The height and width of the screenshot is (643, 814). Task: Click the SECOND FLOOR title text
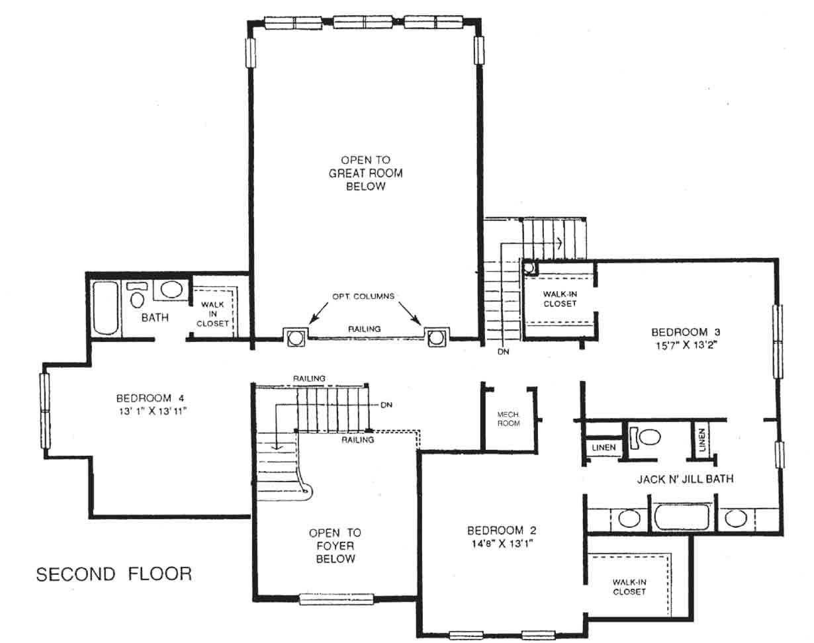tap(114, 574)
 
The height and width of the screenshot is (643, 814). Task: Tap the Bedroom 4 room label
tap(150, 398)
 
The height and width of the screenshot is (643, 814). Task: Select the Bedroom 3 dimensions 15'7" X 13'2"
tap(686, 345)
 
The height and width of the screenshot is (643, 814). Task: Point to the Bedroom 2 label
tap(502, 531)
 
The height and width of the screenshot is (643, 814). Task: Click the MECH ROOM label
tap(508, 419)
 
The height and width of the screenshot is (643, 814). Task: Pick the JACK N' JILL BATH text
tap(686, 479)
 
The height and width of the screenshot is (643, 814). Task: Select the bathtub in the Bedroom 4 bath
tap(105, 308)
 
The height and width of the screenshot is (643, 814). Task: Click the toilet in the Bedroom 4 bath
tap(137, 295)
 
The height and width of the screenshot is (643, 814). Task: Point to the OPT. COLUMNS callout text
tap(363, 296)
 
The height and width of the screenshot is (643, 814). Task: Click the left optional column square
tap(295, 337)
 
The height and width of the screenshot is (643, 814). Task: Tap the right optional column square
tap(436, 337)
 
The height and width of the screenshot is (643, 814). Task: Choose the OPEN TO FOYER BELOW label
tap(335, 546)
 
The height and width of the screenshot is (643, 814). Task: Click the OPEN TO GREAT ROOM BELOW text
tap(365, 173)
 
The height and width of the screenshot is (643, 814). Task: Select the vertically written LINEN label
tap(702, 440)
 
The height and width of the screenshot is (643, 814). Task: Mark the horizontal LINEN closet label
tap(604, 447)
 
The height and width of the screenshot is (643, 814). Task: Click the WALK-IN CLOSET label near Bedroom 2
tap(629, 587)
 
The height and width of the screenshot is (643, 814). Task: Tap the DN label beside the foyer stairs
tap(386, 405)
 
